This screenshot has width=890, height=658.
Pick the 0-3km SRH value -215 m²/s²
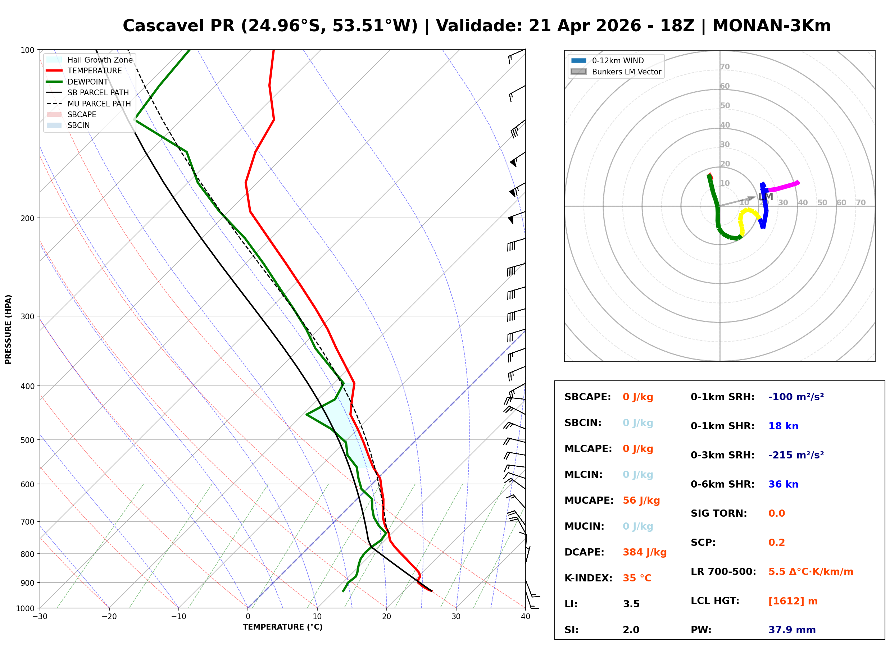[796, 455]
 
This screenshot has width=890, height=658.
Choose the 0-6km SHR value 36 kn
[783, 484]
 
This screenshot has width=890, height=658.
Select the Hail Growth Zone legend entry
[100, 60]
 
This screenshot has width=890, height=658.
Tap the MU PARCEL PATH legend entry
[99, 104]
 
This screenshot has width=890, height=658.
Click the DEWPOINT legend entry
[88, 82]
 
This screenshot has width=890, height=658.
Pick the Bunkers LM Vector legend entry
[626, 72]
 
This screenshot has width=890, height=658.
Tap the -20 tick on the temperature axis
[109, 617]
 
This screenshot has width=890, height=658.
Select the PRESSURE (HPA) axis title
[8, 329]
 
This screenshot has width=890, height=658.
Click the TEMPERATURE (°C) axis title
[282, 627]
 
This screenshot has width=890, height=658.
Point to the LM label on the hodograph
[765, 197]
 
